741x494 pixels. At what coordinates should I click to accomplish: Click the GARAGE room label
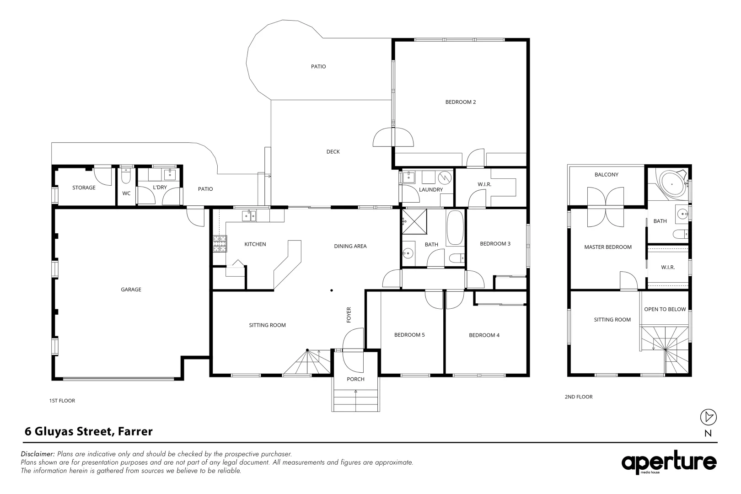pos(131,290)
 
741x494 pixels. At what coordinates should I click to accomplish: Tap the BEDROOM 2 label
pos(461,102)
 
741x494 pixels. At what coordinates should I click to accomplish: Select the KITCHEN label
pos(255,244)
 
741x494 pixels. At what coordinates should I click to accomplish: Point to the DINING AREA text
pos(350,246)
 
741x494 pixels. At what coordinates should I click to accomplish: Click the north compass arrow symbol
pos(708,417)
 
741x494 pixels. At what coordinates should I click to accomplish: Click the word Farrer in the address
pos(135,431)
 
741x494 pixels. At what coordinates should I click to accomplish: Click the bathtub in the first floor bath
pos(455,228)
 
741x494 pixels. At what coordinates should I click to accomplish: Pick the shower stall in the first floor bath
pos(414,221)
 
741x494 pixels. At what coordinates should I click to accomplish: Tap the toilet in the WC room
pos(126,176)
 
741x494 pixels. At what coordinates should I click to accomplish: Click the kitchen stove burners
pos(220,243)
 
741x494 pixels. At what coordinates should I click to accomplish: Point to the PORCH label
pos(355,379)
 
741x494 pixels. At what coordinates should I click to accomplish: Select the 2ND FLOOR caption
pos(579,397)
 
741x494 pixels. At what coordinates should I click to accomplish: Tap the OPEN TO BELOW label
pos(665,309)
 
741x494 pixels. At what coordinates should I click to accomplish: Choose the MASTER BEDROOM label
pos(608,247)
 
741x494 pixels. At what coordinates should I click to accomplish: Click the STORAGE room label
pos(84,188)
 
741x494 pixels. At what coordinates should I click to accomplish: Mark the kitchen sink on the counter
pos(249,216)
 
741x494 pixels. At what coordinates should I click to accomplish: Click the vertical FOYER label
pos(349,315)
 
